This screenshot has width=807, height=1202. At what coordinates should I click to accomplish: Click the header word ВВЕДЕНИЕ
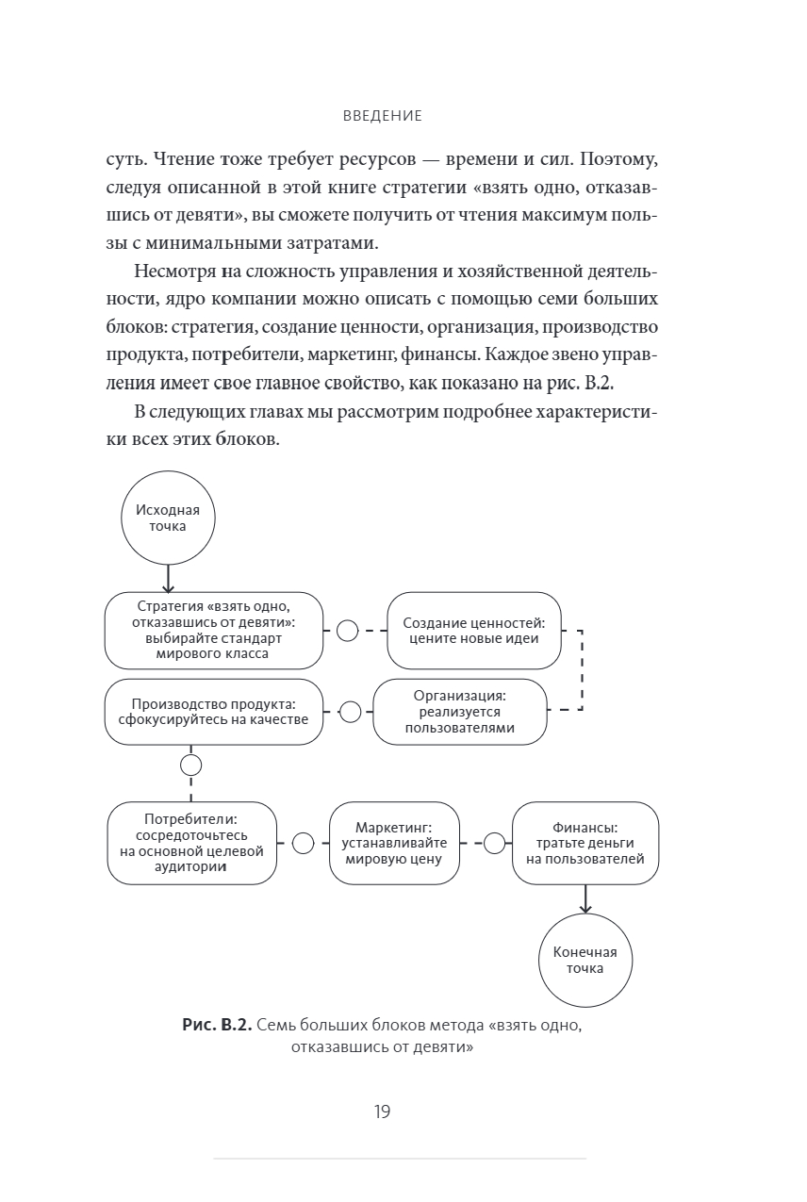(x=383, y=116)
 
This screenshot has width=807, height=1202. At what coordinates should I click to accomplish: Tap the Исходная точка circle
(x=167, y=518)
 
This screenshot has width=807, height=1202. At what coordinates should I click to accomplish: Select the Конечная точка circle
(x=585, y=960)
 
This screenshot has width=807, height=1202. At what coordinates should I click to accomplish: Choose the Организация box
(x=460, y=712)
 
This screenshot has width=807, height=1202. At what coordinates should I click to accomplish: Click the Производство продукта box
(x=213, y=712)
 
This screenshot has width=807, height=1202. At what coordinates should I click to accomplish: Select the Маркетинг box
(x=394, y=843)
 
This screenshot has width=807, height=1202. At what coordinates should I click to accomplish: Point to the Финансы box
(x=585, y=843)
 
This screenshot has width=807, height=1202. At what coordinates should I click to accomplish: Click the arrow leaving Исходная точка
(x=167, y=577)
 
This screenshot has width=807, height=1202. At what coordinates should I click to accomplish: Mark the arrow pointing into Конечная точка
(x=585, y=899)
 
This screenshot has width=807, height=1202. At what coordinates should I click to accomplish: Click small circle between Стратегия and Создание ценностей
(x=347, y=630)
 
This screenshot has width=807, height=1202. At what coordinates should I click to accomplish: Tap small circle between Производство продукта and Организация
(x=350, y=712)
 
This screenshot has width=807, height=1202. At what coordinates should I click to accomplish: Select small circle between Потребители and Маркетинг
(x=303, y=843)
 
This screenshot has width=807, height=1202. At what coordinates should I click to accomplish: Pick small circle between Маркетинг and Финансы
(x=494, y=843)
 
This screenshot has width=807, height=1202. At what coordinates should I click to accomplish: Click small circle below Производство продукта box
(x=191, y=764)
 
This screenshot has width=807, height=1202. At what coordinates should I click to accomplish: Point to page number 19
(x=382, y=1111)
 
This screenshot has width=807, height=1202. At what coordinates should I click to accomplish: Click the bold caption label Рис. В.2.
(x=217, y=1027)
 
